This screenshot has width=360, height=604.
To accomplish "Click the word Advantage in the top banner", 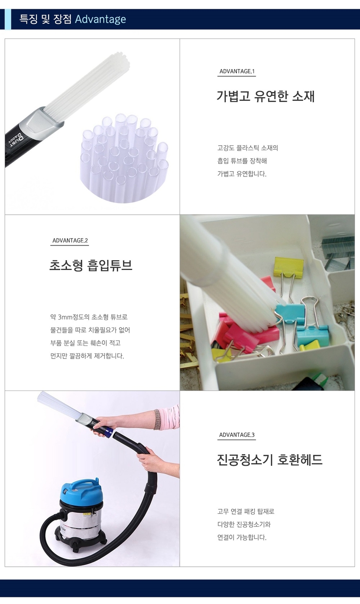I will pyautogui.click(x=100, y=20).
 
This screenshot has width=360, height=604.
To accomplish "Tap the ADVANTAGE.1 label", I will pyautogui.click(x=237, y=72).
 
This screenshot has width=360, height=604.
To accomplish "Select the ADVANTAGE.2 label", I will pyautogui.click(x=70, y=241).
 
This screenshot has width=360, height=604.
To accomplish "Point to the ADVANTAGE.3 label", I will pyautogui.click(x=237, y=435).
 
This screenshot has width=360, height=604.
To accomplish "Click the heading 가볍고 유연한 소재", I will pyautogui.click(x=265, y=96).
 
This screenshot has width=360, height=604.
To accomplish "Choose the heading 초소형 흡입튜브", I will pyautogui.click(x=91, y=265).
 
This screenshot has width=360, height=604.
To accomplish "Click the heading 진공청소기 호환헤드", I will pyautogui.click(x=270, y=460).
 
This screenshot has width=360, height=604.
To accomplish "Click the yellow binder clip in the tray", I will pyautogui.click(x=283, y=267).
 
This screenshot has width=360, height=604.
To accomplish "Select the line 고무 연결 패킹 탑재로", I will pyautogui.click(x=246, y=511).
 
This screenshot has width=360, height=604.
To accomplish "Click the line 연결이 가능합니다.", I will pyautogui.click(x=242, y=537).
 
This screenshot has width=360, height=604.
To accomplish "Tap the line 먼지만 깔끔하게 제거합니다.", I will pyautogui.click(x=87, y=356).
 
